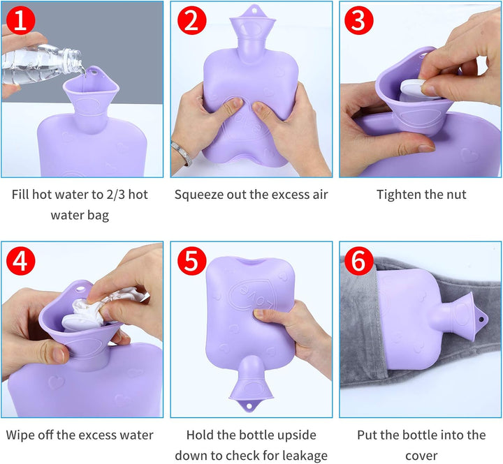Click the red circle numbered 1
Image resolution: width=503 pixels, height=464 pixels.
click(x=20, y=20)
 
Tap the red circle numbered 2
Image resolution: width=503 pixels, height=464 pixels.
click(x=191, y=20)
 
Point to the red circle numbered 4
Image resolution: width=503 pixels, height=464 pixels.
click(x=20, y=261)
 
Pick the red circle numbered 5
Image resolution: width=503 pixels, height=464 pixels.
click(x=191, y=261)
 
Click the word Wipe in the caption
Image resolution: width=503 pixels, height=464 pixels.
click(x=21, y=435)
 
